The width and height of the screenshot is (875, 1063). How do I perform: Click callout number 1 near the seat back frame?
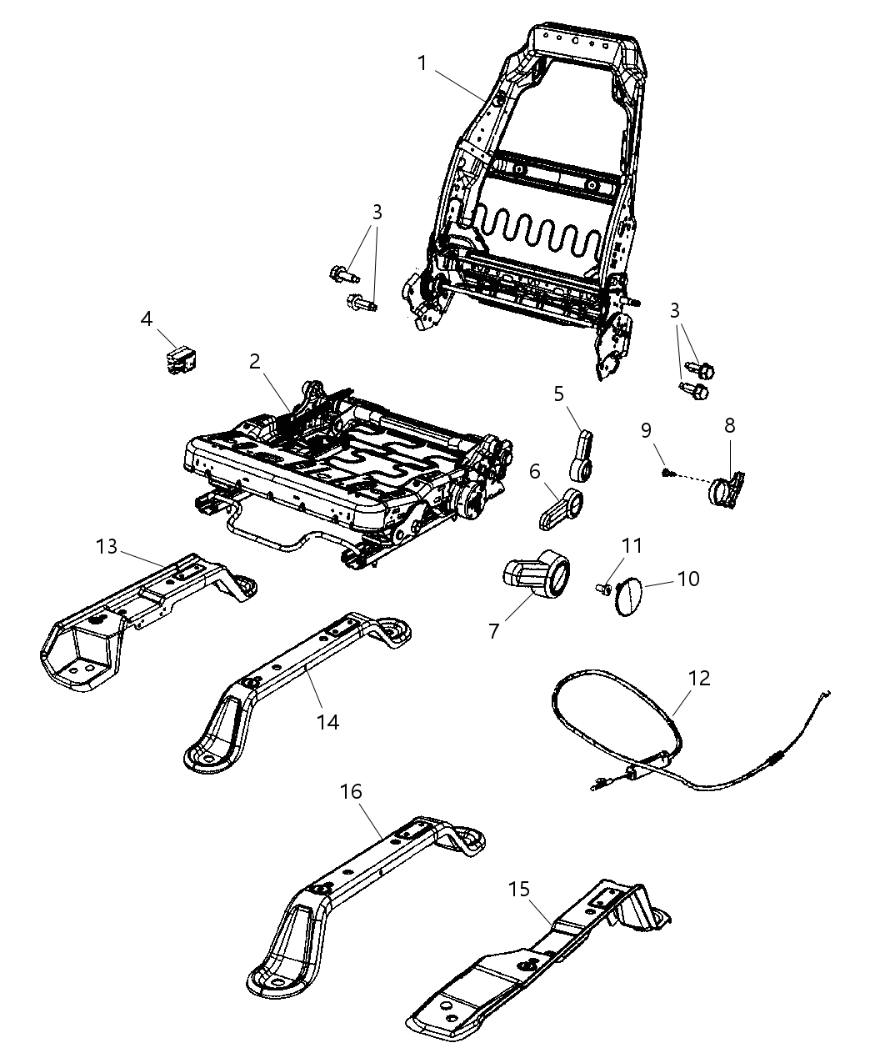click(x=422, y=63)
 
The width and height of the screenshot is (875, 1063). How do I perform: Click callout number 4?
click(x=147, y=318)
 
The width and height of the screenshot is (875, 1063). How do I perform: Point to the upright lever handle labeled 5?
click(x=582, y=454)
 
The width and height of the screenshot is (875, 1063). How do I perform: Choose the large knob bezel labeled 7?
click(x=538, y=574)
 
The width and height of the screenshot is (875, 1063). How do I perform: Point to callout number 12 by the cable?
click(x=699, y=678)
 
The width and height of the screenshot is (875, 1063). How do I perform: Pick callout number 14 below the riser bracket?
click(x=329, y=721)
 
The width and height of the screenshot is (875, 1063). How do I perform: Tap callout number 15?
click(x=519, y=890)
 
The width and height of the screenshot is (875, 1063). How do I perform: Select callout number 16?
click(x=352, y=791)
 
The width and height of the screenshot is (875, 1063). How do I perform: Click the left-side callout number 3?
click(x=377, y=213)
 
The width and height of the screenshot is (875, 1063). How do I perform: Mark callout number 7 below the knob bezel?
click(x=493, y=630)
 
